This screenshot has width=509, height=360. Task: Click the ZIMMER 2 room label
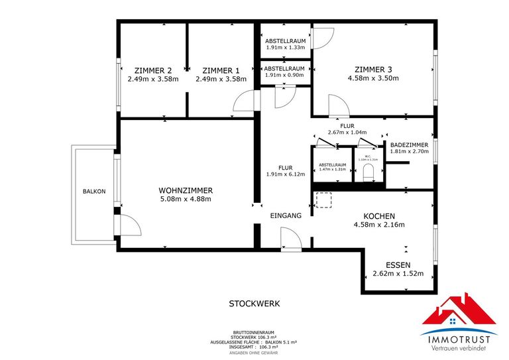click(x=153, y=70)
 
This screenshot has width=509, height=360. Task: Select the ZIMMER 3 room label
click(x=373, y=69)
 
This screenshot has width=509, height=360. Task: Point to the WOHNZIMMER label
click(x=186, y=190)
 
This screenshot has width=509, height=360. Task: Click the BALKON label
click(x=93, y=192)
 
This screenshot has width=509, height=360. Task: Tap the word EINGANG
click(x=286, y=216)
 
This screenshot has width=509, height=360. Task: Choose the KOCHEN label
click(x=379, y=216)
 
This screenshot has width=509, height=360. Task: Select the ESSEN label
click(x=398, y=264)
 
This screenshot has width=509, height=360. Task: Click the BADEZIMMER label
click(x=409, y=145)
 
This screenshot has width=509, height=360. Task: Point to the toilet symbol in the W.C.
click(x=368, y=173)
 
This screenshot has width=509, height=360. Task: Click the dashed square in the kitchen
click(x=323, y=200)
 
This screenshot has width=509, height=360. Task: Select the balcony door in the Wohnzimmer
click(x=130, y=225)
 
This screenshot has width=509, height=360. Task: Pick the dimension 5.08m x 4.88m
click(x=186, y=199)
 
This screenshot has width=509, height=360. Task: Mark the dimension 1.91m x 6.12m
click(x=285, y=174)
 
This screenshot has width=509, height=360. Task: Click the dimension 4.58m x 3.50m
click(x=373, y=78)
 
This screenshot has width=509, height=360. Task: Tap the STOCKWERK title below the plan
click(x=254, y=304)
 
